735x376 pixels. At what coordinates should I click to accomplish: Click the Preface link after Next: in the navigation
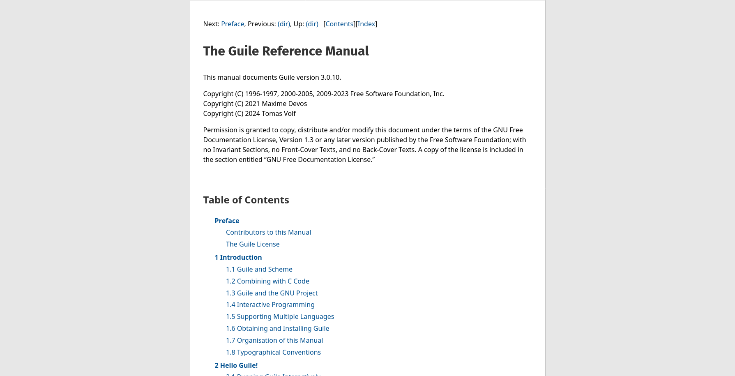click(x=233, y=24)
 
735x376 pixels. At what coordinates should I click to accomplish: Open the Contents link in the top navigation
click(x=339, y=24)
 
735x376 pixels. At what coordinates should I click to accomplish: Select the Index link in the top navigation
click(x=366, y=24)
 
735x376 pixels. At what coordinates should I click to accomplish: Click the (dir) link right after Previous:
click(x=283, y=24)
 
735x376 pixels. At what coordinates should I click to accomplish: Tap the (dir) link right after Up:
click(x=312, y=24)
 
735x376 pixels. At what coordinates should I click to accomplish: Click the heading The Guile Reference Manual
click(x=286, y=51)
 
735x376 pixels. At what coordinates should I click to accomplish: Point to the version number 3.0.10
click(x=330, y=77)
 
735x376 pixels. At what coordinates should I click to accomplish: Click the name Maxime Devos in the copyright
click(x=284, y=104)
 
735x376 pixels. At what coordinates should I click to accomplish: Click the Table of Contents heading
click(x=246, y=200)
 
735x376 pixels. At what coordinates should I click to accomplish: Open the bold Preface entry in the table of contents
click(x=227, y=221)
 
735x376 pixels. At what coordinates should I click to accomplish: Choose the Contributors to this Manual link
click(x=268, y=232)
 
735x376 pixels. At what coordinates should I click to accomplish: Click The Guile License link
click(x=253, y=244)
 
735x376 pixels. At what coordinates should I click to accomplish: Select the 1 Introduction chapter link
click(x=238, y=257)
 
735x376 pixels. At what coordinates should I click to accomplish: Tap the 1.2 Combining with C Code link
click(x=267, y=281)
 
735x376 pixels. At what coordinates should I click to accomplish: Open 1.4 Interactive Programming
click(x=270, y=304)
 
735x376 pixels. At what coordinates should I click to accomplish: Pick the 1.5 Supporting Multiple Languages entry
click(x=280, y=316)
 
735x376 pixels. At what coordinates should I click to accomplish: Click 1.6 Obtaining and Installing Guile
click(x=277, y=328)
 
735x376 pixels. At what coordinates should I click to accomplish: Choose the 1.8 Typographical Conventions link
click(x=273, y=352)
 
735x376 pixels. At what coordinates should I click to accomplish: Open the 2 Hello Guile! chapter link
click(x=236, y=365)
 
